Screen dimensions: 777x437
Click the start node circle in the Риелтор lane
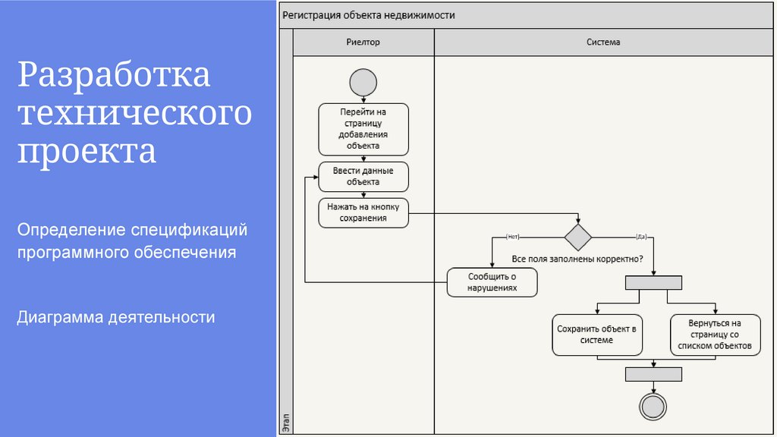tap(363, 81)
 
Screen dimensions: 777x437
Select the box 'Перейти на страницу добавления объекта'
tap(363, 129)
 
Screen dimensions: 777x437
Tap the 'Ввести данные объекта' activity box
tap(363, 177)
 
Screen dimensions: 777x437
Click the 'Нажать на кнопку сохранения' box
tap(363, 212)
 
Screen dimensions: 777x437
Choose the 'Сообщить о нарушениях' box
tap(492, 282)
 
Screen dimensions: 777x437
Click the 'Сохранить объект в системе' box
tap(596, 335)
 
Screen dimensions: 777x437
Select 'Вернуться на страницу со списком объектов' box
tap(715, 335)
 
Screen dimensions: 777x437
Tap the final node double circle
tap(653, 407)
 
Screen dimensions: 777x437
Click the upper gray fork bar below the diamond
tap(653, 283)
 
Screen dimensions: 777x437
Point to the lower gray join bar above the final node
tap(653, 373)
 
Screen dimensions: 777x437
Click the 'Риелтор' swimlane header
tap(363, 42)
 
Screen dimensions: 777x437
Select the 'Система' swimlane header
tap(603, 42)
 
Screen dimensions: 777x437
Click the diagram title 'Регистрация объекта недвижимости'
tap(369, 15)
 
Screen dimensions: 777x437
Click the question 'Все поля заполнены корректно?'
tap(578, 259)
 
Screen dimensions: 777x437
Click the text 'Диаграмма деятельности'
tap(116, 317)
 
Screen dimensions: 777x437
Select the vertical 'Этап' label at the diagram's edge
tap(285, 421)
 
